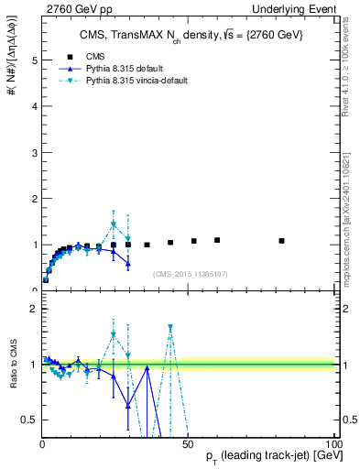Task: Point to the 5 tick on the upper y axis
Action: [x=35, y=60]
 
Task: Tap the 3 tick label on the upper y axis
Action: [x=35, y=152]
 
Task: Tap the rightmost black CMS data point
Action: [x=282, y=241]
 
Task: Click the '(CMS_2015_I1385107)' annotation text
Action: [x=191, y=273]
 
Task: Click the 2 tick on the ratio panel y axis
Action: [x=35, y=309]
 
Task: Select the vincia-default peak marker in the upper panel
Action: [x=114, y=224]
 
